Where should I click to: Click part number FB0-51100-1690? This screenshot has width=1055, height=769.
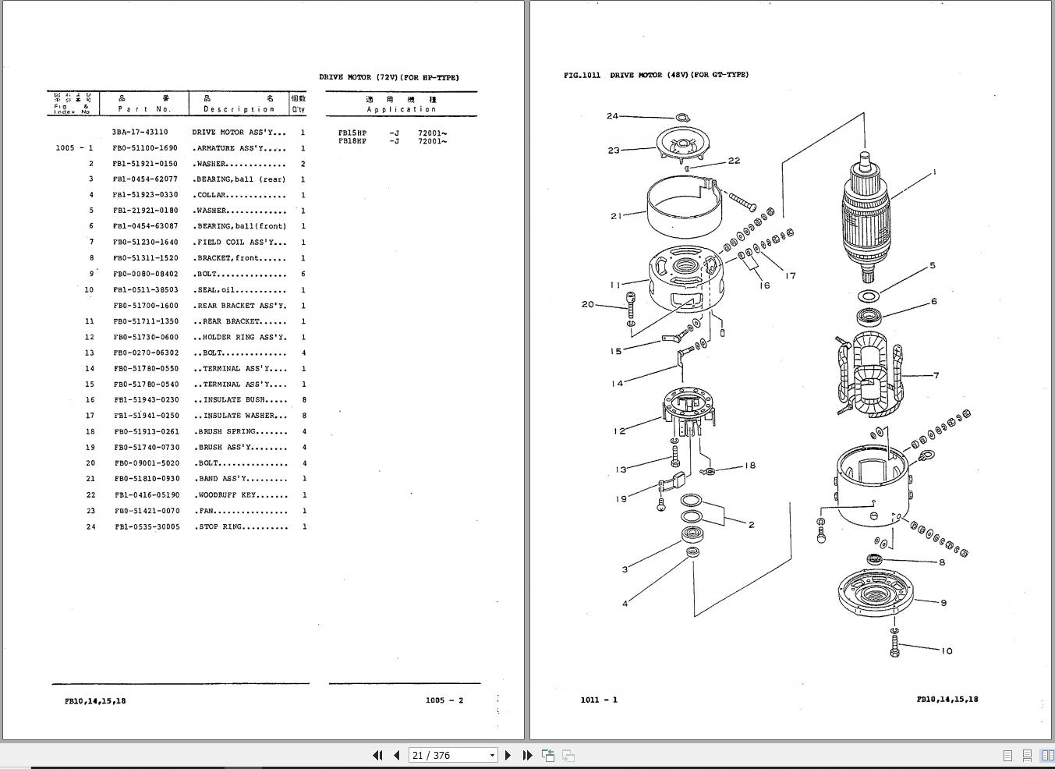[x=145, y=148]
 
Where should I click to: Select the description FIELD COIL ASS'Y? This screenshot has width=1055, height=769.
[x=239, y=243]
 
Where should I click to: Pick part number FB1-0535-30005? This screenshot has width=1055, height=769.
[x=147, y=527]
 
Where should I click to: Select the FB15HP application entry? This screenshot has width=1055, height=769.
[x=352, y=133]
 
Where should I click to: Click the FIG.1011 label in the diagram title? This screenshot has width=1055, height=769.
[x=582, y=76]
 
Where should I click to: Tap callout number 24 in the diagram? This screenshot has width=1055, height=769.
[x=612, y=116]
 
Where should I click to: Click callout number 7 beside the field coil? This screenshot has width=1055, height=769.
[x=936, y=375]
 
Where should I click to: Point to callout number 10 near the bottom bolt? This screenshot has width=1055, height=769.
[x=947, y=651]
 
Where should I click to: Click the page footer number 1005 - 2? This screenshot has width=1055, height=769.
[x=444, y=700]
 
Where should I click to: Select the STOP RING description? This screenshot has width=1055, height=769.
[x=240, y=527]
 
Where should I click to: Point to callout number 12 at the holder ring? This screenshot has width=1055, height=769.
[x=619, y=431]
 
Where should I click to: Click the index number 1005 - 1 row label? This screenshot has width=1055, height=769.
[x=74, y=148]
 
